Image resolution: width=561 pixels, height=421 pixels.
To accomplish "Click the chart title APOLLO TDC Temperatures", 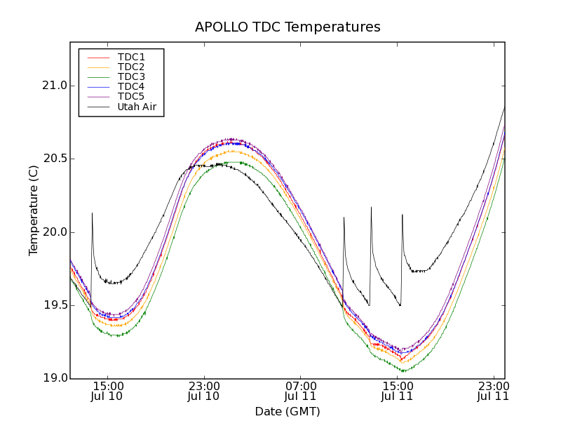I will pyautogui.click(x=288, y=27).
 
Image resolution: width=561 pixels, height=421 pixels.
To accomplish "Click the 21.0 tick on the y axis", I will pyautogui.click(x=55, y=86).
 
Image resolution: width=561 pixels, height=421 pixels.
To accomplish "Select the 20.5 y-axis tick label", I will pyautogui.click(x=55, y=159).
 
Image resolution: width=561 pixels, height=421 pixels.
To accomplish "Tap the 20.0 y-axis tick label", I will pyautogui.click(x=55, y=232).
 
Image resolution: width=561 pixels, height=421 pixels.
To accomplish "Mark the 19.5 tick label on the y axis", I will pyautogui.click(x=55, y=305).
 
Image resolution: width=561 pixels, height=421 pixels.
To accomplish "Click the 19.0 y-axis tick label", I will pyautogui.click(x=55, y=378).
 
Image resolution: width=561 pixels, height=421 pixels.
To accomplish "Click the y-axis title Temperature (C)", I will pyautogui.click(x=34, y=210).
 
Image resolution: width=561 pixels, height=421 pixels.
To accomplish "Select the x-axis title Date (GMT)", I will pyautogui.click(x=288, y=411).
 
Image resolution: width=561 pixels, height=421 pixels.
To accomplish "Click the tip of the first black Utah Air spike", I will pyautogui.click(x=92, y=213).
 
